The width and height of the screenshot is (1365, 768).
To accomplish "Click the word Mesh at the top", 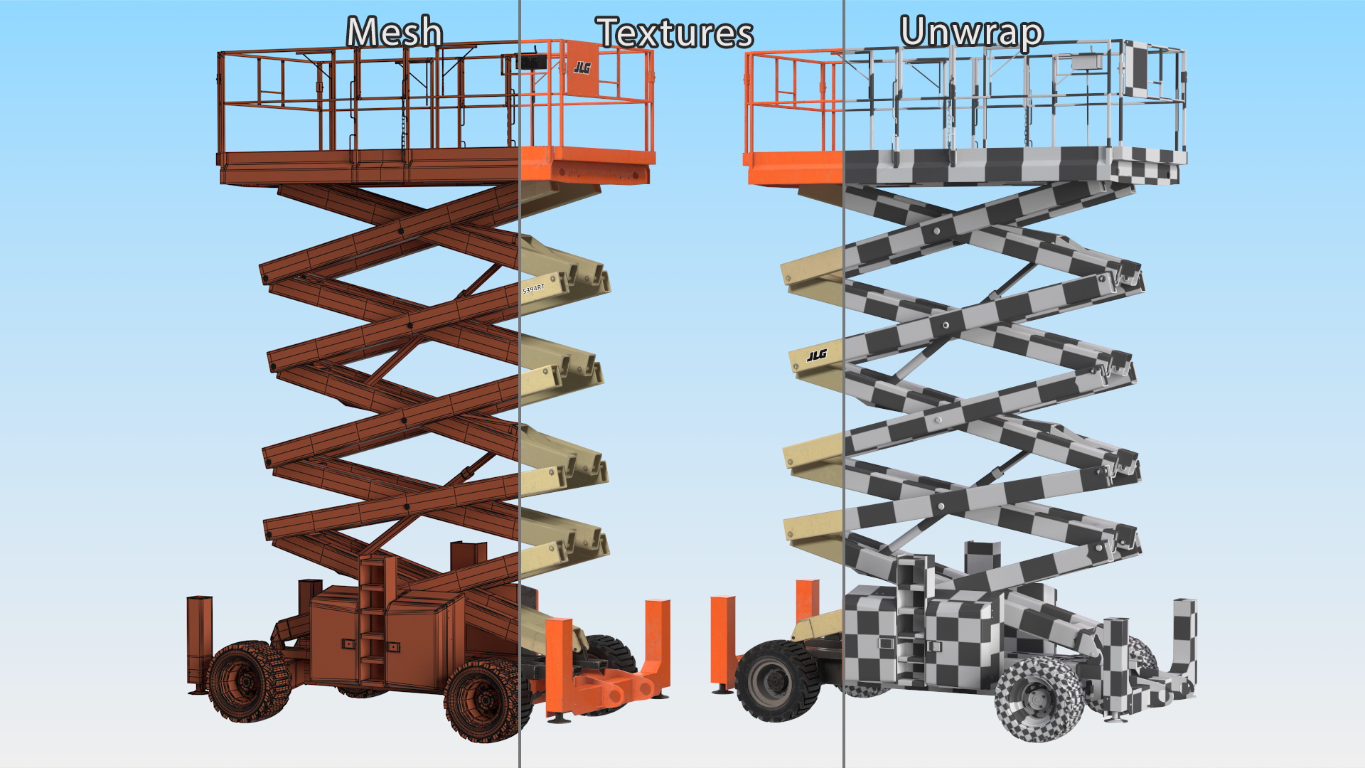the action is coord(395,33).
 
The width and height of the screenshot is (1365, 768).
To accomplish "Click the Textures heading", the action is coord(675,33).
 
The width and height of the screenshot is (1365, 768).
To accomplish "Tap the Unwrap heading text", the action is coord(972,33).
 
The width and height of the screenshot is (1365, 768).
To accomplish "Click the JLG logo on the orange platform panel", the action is coord(582,68).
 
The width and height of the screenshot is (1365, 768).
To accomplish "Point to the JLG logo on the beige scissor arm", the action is coord(817,355).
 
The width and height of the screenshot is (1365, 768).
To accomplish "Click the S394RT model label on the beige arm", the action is coord(533,289).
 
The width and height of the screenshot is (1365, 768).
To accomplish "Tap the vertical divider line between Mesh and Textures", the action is coord(520,384).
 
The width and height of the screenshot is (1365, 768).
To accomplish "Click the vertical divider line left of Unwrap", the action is coord(844,384).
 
